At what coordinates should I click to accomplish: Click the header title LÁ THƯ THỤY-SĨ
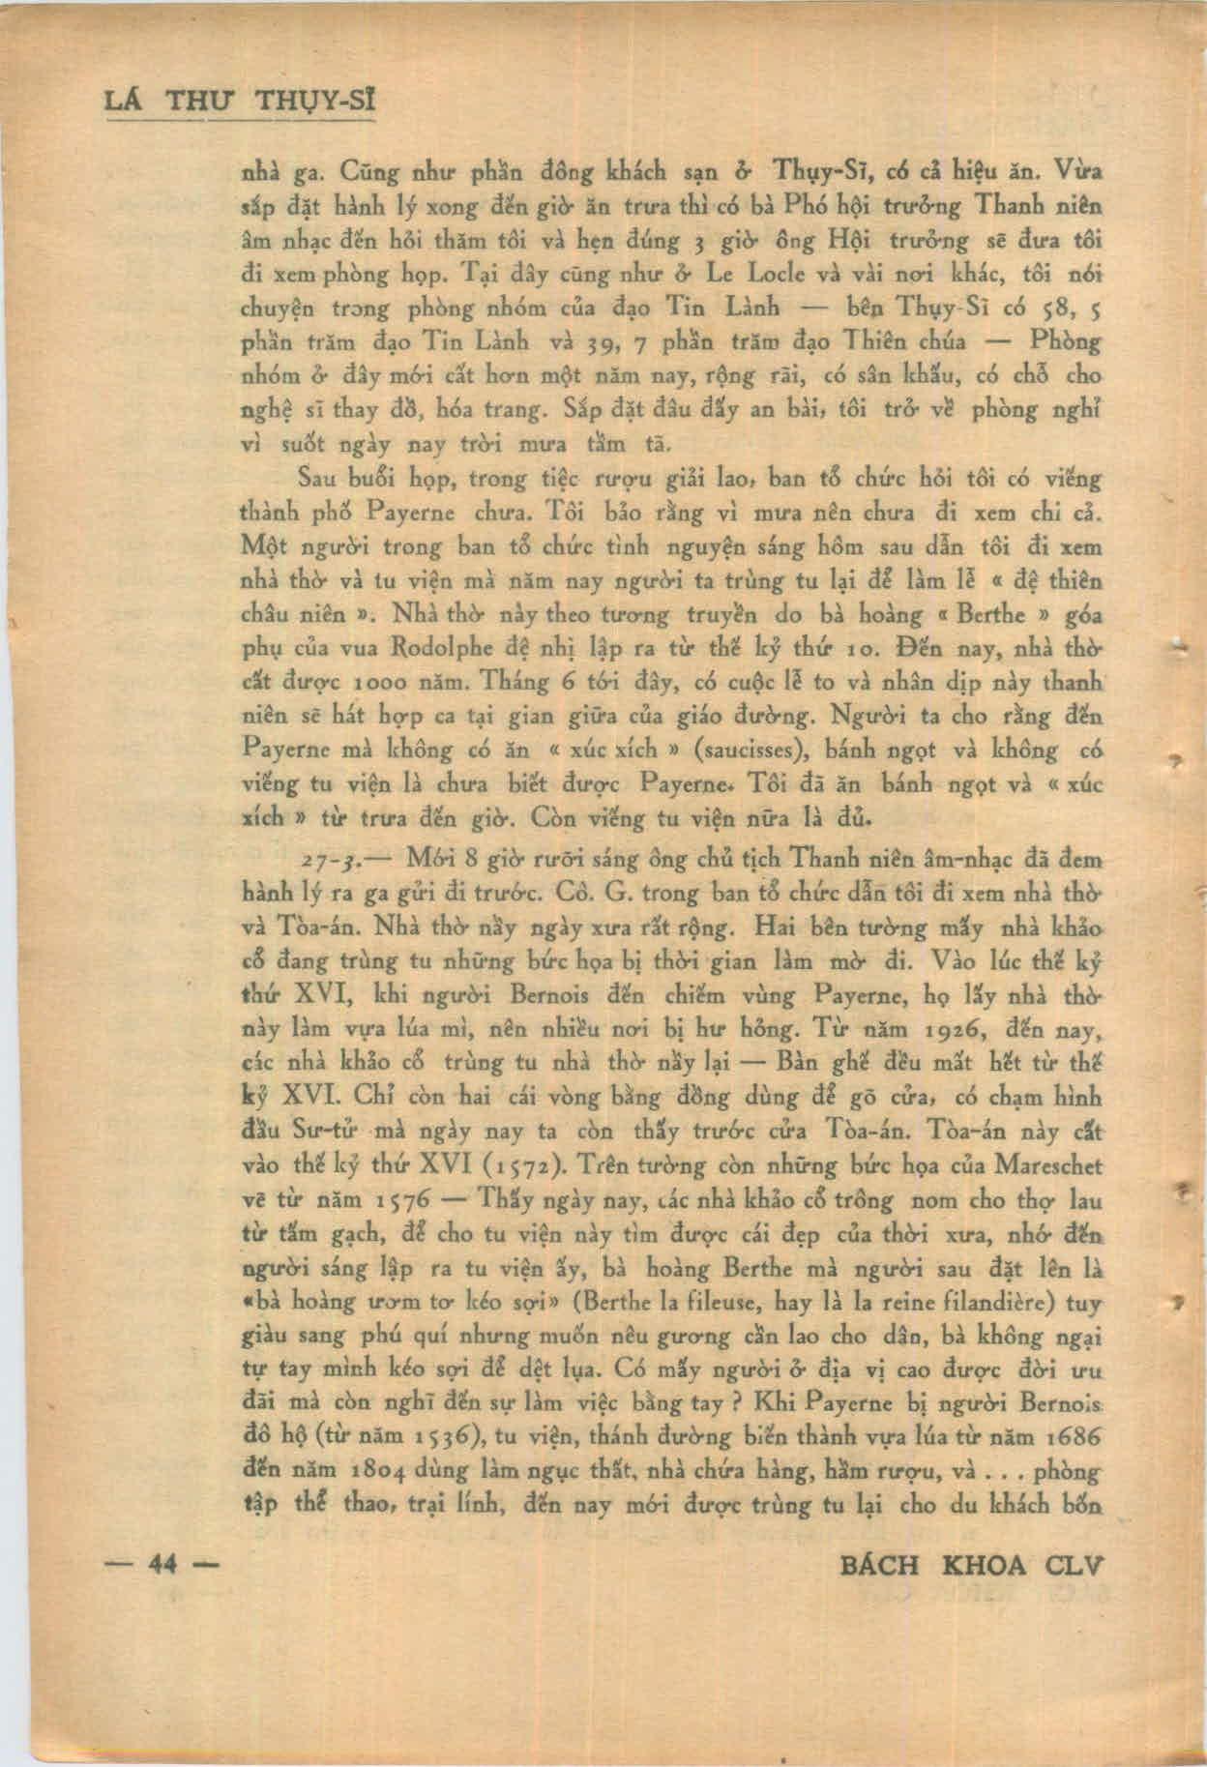click(x=240, y=101)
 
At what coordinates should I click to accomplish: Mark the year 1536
click(x=435, y=1438)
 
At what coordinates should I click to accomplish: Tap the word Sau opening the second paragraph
click(x=317, y=478)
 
